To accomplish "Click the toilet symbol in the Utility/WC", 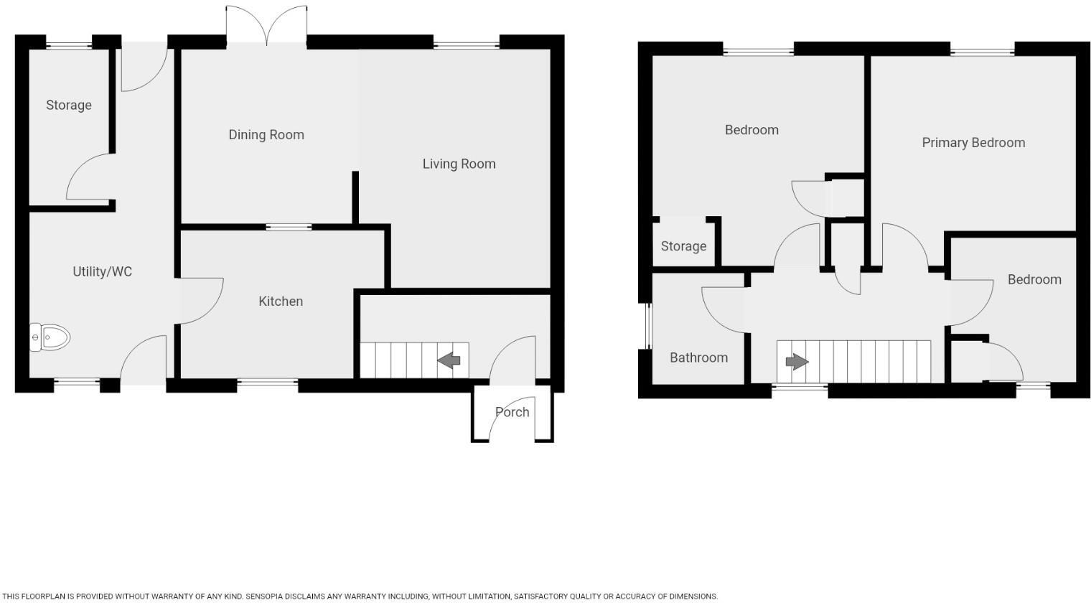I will tap(50, 337).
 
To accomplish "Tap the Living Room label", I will tap(459, 164).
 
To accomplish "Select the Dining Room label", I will tap(266, 135).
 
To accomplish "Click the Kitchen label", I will tap(281, 301).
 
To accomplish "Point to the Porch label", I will tap(512, 412).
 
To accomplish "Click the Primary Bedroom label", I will tap(973, 143).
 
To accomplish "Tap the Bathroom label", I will tap(698, 357).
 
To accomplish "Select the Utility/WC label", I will tap(103, 271).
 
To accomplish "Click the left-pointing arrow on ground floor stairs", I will tap(449, 360).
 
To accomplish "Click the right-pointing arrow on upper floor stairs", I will tap(797, 361).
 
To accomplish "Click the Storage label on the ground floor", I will tap(69, 105).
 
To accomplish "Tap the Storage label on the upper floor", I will tap(683, 246).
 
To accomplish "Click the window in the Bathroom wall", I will tap(647, 327).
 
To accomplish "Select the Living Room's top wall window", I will tap(467, 45).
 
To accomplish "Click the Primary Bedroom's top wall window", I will tap(983, 52).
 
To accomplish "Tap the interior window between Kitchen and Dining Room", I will tap(289, 228).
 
